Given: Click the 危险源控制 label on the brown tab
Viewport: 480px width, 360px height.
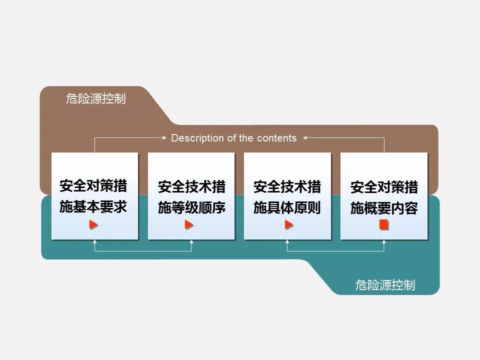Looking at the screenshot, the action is [x=95, y=98].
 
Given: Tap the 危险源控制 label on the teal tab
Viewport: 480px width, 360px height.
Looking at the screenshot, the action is [x=385, y=285].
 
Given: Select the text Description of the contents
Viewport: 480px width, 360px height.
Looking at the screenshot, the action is [x=233, y=138].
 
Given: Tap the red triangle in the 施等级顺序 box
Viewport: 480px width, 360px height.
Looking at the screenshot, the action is [x=189, y=225].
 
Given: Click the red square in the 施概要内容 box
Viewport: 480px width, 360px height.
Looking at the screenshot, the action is [x=383, y=225].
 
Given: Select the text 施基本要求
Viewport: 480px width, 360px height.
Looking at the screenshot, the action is [x=93, y=207].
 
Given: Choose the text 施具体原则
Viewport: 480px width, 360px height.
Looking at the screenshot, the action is [x=287, y=207].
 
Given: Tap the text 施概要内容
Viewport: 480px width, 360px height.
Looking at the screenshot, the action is [x=384, y=208].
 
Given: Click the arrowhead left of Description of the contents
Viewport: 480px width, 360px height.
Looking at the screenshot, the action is [x=165, y=137].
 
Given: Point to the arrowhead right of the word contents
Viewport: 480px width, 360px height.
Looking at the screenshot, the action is [x=304, y=137].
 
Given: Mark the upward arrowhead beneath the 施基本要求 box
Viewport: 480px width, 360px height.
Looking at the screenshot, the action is [x=94, y=241].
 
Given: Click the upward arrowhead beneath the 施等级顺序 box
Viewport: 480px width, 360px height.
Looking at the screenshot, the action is [x=191, y=241].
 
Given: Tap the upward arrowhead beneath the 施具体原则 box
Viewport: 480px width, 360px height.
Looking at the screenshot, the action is [x=287, y=241].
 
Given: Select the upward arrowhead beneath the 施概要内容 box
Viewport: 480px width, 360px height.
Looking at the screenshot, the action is [x=384, y=241].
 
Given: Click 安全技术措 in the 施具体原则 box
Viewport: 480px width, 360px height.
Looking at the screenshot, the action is [x=287, y=187].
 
